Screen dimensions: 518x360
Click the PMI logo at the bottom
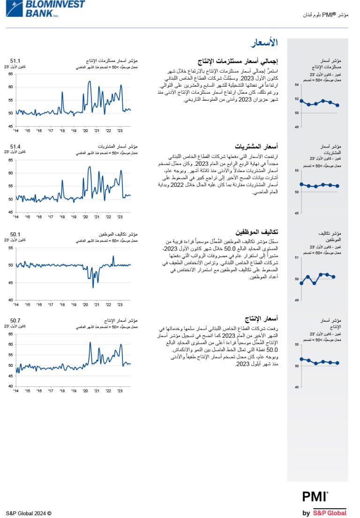click(315, 497)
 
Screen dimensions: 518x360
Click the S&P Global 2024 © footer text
click(29, 513)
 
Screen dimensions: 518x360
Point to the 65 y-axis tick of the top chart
click(10, 74)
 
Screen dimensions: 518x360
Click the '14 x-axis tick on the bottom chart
click(16, 390)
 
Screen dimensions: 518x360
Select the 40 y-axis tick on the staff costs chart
click(10, 300)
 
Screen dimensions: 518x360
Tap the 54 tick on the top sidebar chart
click(297, 85)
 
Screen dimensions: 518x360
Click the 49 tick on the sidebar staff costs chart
click(297, 300)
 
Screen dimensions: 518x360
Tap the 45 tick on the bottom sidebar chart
click(297, 387)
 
